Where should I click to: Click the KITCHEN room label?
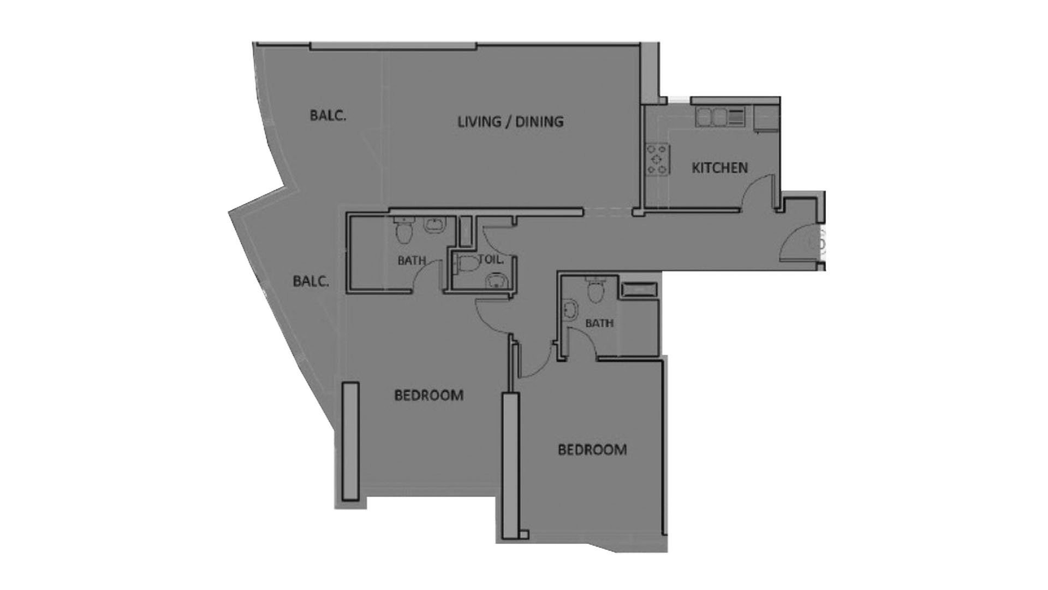pyautogui.click(x=719, y=168)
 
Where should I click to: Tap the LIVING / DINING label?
pyautogui.click(x=510, y=121)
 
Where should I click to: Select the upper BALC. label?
pyautogui.click(x=328, y=116)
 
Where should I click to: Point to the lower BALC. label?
pyautogui.click(x=311, y=281)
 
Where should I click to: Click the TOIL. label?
pyautogui.click(x=491, y=259)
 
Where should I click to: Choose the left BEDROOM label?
pyautogui.click(x=428, y=394)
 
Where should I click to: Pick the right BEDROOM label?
pyautogui.click(x=592, y=450)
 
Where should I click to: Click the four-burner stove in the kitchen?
pyautogui.click(x=658, y=158)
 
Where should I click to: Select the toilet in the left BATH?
pyautogui.click(x=404, y=230)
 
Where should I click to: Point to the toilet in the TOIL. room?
pyautogui.click(x=465, y=264)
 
